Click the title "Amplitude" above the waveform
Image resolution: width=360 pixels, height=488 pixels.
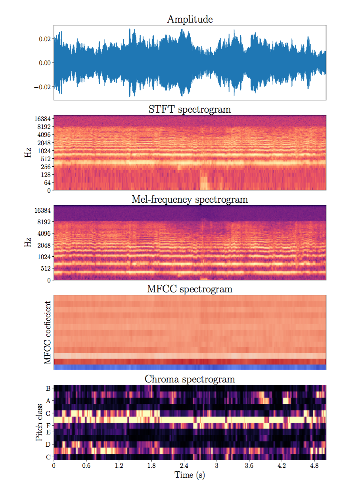[190, 19]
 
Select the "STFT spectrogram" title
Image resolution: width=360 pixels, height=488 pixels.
[190, 110]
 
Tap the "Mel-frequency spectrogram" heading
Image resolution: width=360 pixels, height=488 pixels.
[190, 199]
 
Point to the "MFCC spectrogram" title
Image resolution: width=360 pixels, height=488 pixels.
[190, 289]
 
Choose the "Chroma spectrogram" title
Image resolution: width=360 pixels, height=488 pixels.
[190, 379]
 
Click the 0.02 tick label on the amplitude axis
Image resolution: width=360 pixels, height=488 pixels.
[45, 39]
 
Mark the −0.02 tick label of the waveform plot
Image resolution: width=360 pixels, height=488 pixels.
[42, 87]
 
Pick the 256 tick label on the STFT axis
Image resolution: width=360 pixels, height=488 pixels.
[46, 167]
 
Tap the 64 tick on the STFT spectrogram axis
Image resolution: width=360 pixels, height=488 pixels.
[47, 183]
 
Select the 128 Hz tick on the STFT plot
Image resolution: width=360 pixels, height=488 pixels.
[46, 175]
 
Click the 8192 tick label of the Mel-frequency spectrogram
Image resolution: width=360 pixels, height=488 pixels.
[44, 222]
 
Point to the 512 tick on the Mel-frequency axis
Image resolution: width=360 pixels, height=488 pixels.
[46, 268]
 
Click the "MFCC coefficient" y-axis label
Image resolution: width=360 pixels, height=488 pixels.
[47, 332]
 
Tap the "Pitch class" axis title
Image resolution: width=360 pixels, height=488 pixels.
[39, 422]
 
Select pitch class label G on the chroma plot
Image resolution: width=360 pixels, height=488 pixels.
[48, 413]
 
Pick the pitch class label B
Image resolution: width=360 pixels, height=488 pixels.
[48, 388]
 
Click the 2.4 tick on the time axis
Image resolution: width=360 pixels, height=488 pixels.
[184, 465]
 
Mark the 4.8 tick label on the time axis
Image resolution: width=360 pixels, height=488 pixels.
[314, 465]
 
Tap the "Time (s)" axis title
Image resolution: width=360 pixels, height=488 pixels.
[190, 475]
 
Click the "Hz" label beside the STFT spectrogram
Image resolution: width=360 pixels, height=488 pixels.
[28, 152]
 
